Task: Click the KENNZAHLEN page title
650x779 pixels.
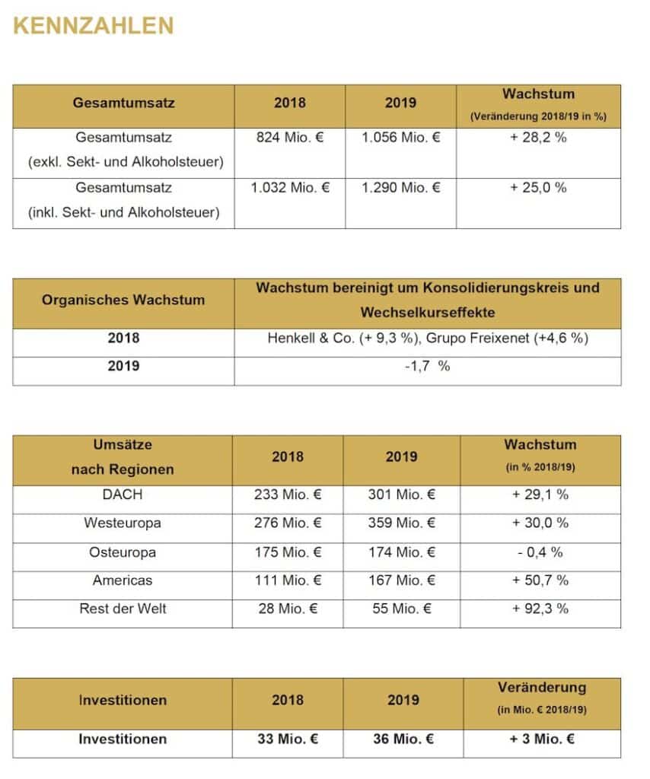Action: coord(94,26)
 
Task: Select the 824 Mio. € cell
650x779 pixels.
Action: coord(290,138)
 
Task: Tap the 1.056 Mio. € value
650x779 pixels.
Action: coord(401,138)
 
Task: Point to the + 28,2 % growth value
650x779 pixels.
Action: coord(538,138)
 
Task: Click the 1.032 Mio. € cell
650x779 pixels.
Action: coord(290,187)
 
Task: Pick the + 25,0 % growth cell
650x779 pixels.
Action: coord(538,187)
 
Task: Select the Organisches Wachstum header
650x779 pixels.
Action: coord(123,300)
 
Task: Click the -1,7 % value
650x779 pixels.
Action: coord(427,366)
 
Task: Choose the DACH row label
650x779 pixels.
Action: coord(123,494)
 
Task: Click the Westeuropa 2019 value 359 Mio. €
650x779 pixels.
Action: coord(401,523)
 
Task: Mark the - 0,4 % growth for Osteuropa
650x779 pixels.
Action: coord(540,552)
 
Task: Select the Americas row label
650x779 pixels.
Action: coord(123,580)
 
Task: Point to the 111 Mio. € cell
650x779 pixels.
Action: coord(288,580)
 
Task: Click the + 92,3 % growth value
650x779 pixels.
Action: coord(540,609)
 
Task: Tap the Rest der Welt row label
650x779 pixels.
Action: coord(123,609)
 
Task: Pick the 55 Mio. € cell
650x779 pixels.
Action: coord(401,609)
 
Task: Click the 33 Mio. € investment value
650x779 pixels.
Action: coord(288,739)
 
